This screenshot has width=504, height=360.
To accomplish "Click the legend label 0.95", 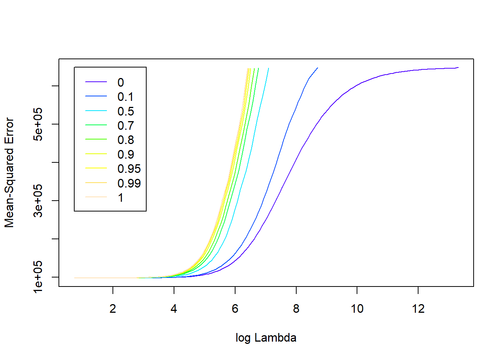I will click(x=129, y=169).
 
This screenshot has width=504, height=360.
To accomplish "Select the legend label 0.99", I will click(x=129, y=183).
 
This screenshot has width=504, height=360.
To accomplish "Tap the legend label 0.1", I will click(x=125, y=97).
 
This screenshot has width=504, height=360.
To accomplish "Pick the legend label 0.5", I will click(x=125, y=111).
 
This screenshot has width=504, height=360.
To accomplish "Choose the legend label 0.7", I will click(x=125, y=126).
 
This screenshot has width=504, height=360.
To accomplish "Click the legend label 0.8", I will click(x=125, y=140).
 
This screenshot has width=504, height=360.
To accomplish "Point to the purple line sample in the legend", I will click(x=96, y=82).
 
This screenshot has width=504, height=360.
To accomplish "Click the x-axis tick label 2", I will click(x=113, y=309).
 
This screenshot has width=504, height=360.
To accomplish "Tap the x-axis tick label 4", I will click(x=174, y=309).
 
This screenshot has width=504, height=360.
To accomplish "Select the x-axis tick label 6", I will click(x=235, y=309).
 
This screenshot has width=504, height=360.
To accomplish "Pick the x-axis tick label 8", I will click(x=296, y=309).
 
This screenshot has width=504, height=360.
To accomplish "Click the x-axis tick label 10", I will click(x=357, y=309).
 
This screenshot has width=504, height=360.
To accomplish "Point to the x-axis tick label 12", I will click(x=418, y=309).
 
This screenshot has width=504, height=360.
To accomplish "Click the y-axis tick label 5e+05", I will click(x=38, y=124).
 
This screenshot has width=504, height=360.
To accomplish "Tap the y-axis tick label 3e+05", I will click(x=38, y=201).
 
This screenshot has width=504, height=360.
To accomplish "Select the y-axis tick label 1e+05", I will click(x=38, y=277).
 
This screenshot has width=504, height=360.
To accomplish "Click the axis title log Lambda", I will click(x=266, y=338).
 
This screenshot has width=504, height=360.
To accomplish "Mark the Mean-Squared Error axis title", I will click(x=9, y=172).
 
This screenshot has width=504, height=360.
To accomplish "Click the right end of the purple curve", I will click(x=458, y=68).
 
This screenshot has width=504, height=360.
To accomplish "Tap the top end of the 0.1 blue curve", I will click(x=318, y=68).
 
